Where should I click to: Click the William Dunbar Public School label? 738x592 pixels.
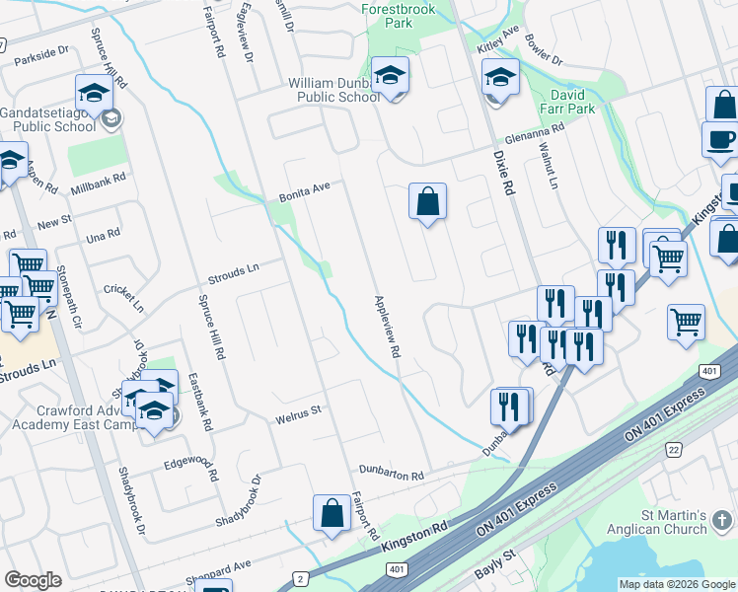coord(333,91)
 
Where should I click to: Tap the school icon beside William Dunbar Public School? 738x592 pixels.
coord(391,75)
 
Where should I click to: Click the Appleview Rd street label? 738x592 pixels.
coord(387,327)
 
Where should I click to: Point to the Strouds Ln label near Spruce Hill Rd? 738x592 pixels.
coord(232,273)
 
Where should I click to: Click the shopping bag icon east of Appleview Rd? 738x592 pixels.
coord(428,201)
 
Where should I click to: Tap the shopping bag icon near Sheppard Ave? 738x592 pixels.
coord(332,512)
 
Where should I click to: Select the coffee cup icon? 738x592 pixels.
coord(719,138)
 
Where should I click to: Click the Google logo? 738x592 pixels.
coord(33,580)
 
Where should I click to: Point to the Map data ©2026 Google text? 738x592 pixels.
coord(677,584)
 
